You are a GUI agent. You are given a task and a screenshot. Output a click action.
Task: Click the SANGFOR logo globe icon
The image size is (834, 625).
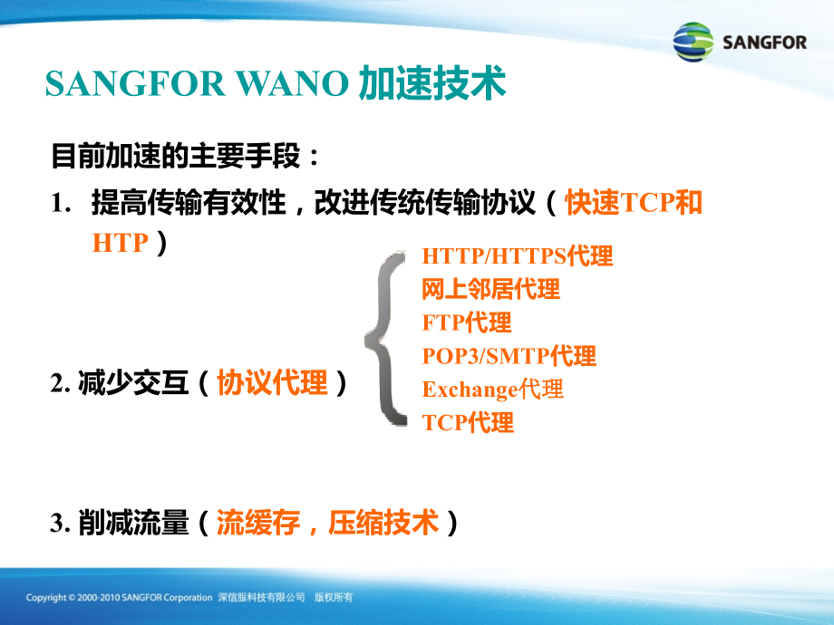click(693, 43)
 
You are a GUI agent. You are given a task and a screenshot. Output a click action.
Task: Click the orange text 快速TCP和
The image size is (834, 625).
click(634, 202)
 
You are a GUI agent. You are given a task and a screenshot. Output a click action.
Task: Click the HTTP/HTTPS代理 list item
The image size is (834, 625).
click(517, 256)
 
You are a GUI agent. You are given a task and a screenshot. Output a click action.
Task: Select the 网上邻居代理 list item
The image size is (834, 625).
click(490, 289)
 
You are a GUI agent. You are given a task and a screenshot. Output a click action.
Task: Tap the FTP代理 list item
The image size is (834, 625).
click(467, 322)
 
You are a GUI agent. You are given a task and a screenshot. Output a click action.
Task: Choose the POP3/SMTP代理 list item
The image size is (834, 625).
click(509, 356)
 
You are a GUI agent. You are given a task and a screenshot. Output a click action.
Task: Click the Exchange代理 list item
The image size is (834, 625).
click(492, 389)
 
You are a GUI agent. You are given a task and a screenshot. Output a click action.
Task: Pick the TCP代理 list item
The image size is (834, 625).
click(468, 422)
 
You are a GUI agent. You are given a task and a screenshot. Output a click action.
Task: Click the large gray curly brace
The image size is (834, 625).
click(386, 340)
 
